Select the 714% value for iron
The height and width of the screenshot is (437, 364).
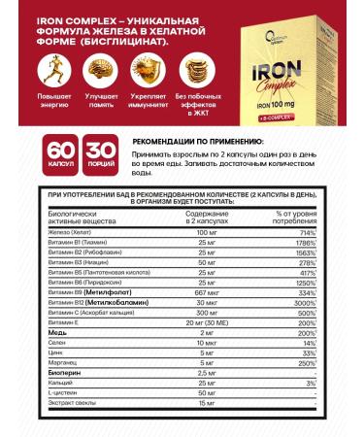coord(305,234)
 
